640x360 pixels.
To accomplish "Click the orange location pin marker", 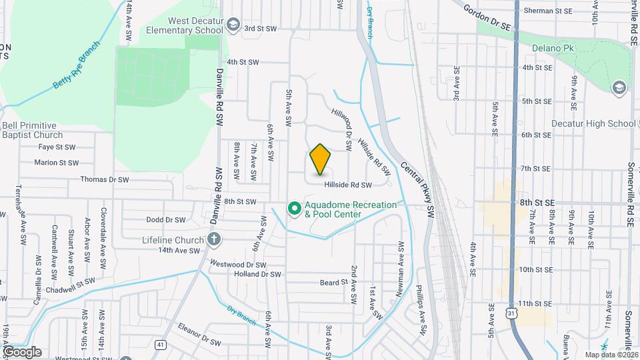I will (321, 159).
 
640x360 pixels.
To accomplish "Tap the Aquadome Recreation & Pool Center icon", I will (293, 209).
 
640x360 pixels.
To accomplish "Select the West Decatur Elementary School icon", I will (233, 26).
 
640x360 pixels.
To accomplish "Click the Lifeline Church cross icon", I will (214, 239).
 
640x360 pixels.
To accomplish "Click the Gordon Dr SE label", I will (487, 16).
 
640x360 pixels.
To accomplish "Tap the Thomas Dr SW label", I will (104, 179).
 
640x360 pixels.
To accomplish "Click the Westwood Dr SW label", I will (238, 263).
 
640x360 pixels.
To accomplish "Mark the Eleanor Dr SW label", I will (199, 335).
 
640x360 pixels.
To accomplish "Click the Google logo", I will (21, 351).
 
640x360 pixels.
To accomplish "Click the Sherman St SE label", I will (548, 11).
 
